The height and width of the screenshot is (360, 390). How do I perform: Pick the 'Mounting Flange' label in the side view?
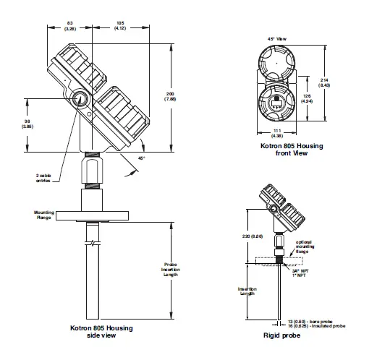(x=44, y=215)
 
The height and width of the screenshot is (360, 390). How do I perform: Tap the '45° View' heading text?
(x=279, y=39)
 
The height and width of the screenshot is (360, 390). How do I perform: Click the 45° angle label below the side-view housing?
(x=142, y=157)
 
